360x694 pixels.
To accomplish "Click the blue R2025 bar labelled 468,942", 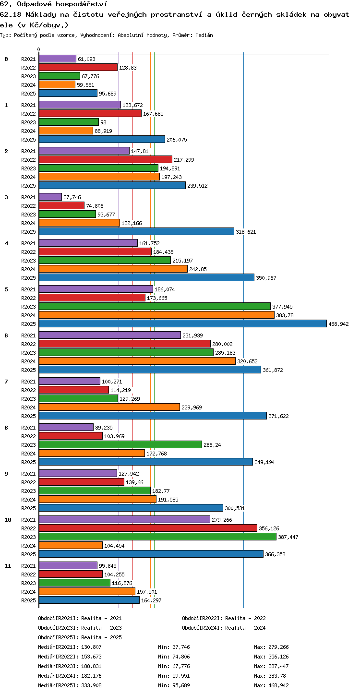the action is click(183, 323).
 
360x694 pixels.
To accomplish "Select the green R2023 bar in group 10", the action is click(158, 537).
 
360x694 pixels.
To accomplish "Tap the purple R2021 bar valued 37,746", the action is click(50, 197).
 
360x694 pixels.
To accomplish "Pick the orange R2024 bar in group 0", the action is click(57, 84).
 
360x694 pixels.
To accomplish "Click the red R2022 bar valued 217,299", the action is click(106, 159).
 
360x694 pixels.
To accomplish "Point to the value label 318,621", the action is click(246, 232).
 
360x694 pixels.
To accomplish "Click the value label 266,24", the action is click(212, 445).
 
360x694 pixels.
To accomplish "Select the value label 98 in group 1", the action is click(104, 122).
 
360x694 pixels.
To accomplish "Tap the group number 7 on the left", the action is click(6, 382).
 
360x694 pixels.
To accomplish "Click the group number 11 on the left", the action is click(8, 566).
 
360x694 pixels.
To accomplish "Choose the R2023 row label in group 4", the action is click(28, 261).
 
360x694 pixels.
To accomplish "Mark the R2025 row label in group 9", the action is click(28, 508).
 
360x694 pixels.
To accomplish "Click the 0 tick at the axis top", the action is click(39, 49).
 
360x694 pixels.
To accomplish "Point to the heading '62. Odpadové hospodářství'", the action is click(54, 4).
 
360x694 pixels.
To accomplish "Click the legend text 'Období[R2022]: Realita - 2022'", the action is click(224, 618).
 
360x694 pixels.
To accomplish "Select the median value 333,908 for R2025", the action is click(91, 685).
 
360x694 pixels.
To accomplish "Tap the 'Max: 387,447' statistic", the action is click(271, 666).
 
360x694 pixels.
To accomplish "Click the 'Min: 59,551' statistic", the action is click(174, 676).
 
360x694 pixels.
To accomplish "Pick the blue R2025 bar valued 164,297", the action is click(89, 600).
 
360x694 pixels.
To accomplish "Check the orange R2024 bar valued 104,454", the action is click(71, 545).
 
